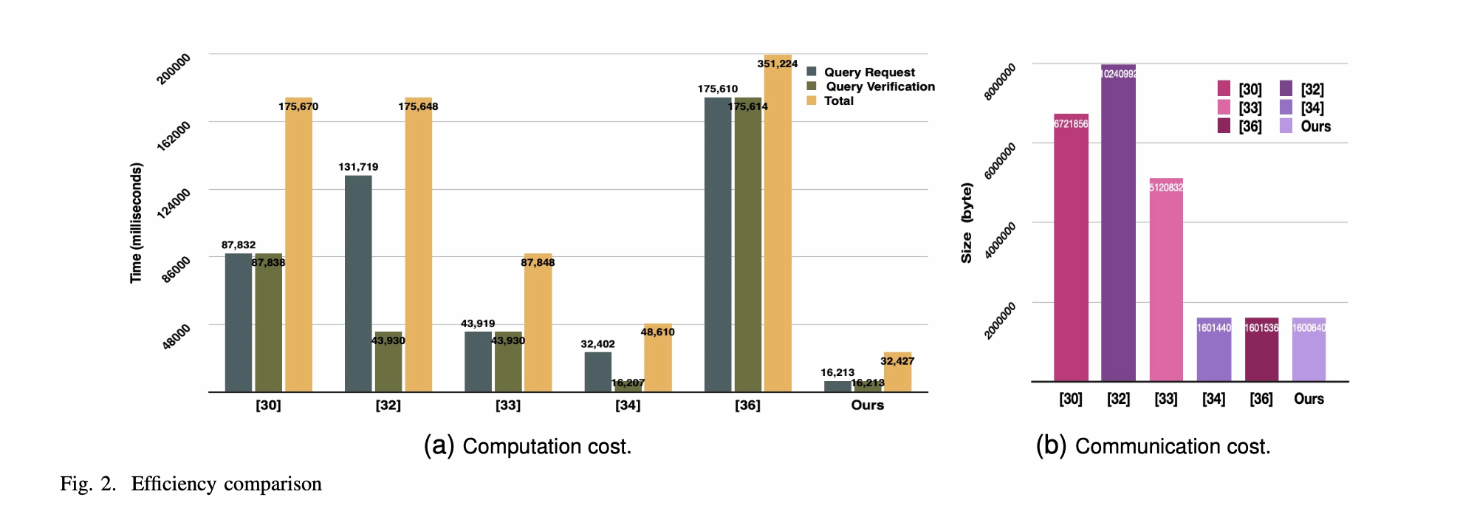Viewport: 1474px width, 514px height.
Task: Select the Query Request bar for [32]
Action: pos(358,284)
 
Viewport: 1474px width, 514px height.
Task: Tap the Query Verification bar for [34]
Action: pos(628,386)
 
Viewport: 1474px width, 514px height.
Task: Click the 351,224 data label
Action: pos(777,64)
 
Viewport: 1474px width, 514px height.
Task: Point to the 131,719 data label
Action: pos(358,167)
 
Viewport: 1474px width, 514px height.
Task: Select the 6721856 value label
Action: pos(1071,124)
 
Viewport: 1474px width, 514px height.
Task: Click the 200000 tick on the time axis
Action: pos(174,69)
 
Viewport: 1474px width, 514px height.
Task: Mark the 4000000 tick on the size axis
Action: pos(1000,239)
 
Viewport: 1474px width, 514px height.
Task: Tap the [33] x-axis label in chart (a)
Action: pos(508,405)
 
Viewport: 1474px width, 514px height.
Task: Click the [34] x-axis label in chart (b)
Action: pos(1213,399)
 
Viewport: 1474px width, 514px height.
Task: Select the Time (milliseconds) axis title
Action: pos(136,223)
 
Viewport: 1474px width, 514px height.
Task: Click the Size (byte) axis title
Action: pos(967,223)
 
